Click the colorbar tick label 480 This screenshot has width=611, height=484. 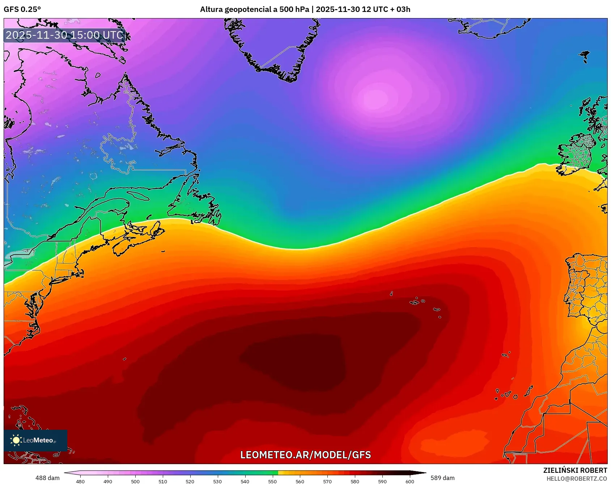tap(80, 481)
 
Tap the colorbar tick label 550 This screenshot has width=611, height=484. tap(272, 481)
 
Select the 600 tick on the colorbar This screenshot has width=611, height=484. tap(410, 481)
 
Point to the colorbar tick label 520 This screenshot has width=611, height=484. tap(190, 481)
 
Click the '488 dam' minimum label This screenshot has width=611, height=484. tap(47, 478)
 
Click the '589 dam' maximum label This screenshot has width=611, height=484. tap(442, 478)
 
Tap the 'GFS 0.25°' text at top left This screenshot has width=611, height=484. tap(22, 9)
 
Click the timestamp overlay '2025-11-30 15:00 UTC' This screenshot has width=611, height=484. tap(65, 35)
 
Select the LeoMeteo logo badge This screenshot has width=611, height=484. tap(35, 440)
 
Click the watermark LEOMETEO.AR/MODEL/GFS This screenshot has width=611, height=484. tap(306, 455)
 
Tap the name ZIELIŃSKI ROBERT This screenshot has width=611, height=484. tap(575, 470)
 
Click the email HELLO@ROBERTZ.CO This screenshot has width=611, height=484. tap(577, 479)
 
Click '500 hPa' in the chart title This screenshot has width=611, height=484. tap(294, 9)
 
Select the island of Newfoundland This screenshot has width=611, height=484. tap(195, 203)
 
